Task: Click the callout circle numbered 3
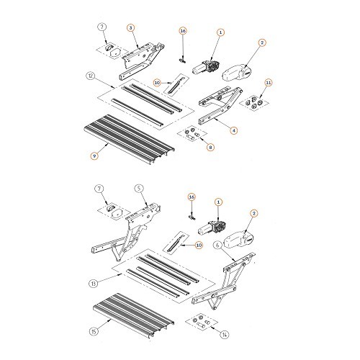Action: (x=130, y=28)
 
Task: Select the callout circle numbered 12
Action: (x=90, y=76)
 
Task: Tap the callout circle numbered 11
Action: (x=269, y=83)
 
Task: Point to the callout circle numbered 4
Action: (x=233, y=130)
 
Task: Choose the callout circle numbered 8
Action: (x=210, y=147)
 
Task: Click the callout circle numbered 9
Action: (x=94, y=156)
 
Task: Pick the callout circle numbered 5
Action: (x=139, y=189)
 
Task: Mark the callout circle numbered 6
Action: (x=217, y=246)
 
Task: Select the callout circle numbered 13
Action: (x=94, y=284)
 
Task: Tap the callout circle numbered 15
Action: (x=94, y=331)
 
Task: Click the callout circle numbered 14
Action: (x=225, y=334)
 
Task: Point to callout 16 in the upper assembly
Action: (x=183, y=31)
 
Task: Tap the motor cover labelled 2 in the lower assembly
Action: (x=239, y=240)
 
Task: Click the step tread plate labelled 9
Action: (x=129, y=139)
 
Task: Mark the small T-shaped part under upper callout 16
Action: (x=183, y=60)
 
